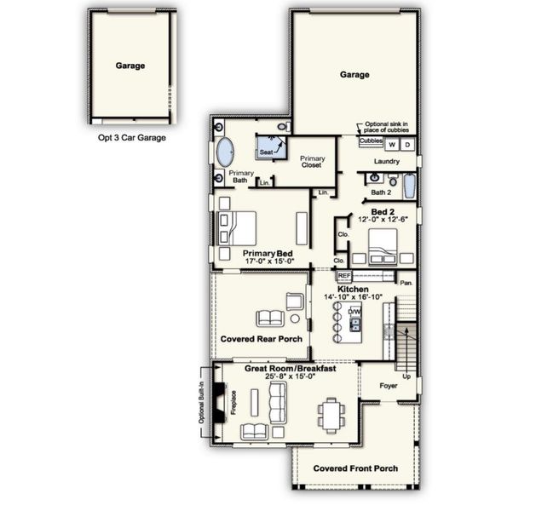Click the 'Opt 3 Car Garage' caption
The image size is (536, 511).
tap(131, 137)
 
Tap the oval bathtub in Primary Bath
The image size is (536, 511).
tap(225, 153)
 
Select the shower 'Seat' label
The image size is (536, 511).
tap(266, 152)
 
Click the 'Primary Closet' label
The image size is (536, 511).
tap(313, 162)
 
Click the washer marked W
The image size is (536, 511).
tap(393, 145)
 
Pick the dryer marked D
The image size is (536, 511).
tap(407, 145)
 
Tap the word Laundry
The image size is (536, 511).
tap(388, 161)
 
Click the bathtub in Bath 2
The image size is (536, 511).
tap(409, 184)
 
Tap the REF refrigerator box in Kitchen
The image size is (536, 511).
tap(344, 276)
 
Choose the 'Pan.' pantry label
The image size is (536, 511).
tap(406, 281)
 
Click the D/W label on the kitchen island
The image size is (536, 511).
tap(354, 312)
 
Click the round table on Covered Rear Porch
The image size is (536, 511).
tap(295, 319)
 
